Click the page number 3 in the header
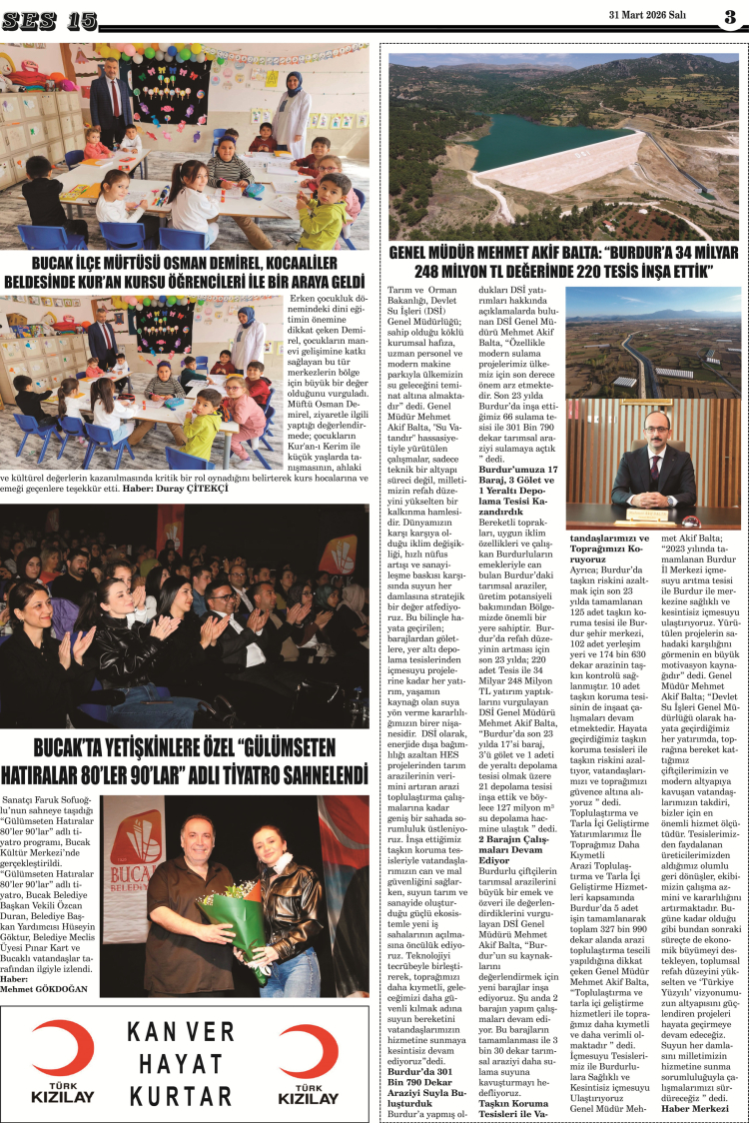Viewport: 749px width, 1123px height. (x=730, y=18)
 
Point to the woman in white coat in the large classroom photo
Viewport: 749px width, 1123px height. (x=291, y=110)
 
